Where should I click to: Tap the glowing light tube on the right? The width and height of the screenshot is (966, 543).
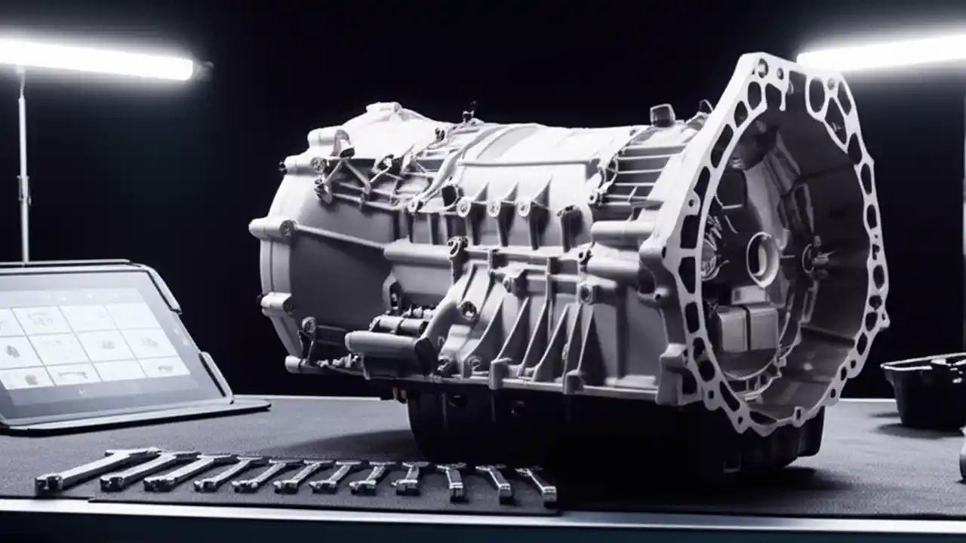point(883,54)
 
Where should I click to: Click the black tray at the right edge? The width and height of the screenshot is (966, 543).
point(924,388)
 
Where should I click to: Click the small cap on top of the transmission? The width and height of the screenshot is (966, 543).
point(662,115)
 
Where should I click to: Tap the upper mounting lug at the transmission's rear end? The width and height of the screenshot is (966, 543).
point(275,227)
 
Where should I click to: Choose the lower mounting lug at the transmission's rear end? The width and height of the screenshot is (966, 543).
point(277,303)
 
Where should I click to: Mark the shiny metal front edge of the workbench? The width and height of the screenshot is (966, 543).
point(483,520)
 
